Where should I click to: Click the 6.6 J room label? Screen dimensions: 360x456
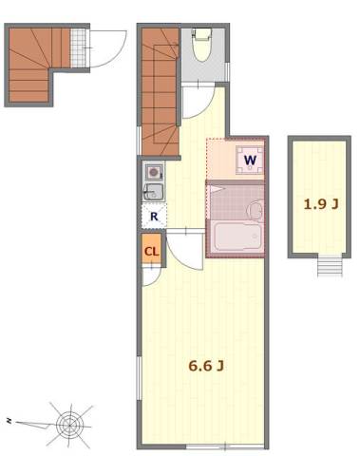206,366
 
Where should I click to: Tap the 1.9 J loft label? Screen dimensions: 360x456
321,204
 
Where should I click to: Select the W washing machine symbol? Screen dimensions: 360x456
250,161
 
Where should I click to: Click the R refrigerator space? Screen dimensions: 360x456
154,216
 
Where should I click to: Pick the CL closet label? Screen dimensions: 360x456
151,252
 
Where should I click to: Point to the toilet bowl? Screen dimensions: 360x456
202,45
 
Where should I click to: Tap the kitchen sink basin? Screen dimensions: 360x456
153,192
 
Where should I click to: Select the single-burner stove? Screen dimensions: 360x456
154,172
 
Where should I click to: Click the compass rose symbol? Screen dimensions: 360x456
69,426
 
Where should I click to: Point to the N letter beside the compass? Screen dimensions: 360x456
9,421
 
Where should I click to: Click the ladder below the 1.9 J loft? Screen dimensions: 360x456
330,266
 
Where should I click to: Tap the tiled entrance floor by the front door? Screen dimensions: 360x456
79,47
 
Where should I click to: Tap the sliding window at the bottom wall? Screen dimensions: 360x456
225,446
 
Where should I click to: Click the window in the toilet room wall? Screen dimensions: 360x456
227,71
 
